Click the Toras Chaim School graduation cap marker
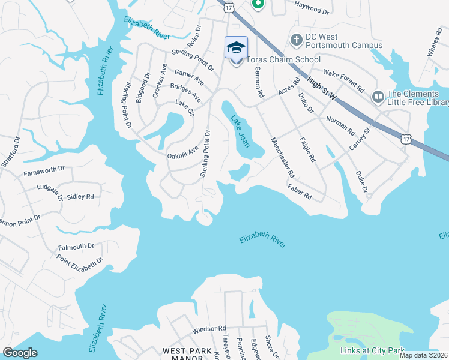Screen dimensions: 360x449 [236, 47]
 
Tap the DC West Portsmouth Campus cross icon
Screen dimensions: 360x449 [295, 40]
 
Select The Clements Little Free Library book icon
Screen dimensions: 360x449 [378, 97]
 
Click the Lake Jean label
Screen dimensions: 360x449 [240, 131]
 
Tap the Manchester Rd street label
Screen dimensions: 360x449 [282, 158]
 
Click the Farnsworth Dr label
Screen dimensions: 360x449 [43, 170]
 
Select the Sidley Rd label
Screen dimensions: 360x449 [80, 196]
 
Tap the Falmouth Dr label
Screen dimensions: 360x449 [76, 247]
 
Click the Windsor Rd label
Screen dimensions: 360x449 [209, 329]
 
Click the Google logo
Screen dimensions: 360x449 [20, 353]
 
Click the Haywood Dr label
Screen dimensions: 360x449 [312, 11]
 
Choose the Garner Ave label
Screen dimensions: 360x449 [189, 77]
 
